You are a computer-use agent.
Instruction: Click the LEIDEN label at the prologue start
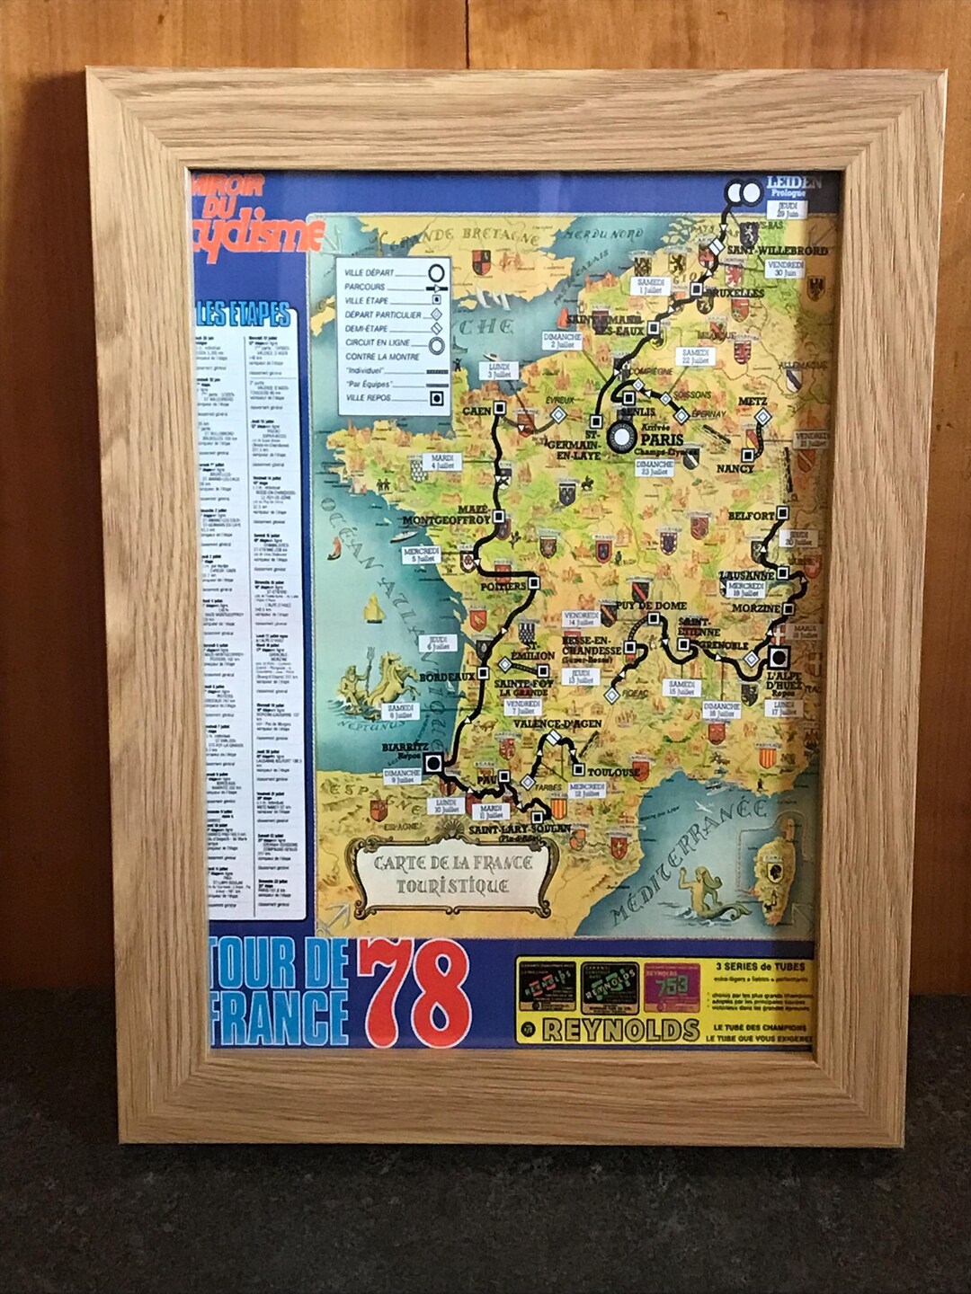794,183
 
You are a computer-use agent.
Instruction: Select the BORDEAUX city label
447,676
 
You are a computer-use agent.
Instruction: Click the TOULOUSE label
614,772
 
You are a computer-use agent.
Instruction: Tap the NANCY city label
735,468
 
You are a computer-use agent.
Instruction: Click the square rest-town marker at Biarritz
433,764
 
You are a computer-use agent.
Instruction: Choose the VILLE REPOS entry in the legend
368,396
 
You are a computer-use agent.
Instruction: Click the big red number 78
415,993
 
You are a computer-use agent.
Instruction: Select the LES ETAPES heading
245,315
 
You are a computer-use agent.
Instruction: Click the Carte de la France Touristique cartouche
453,874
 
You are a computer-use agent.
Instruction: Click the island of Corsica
777,868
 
